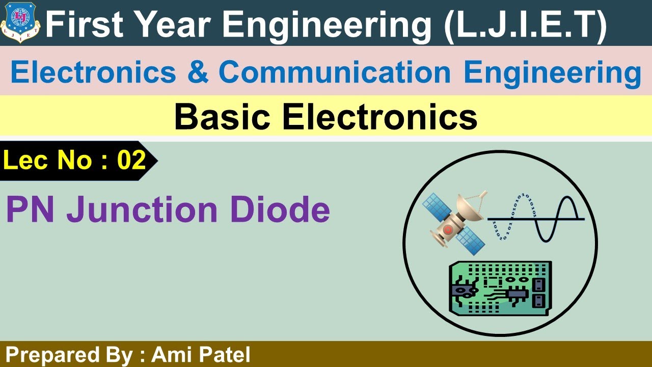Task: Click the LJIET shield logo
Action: click(x=21, y=21)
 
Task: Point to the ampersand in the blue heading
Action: click(x=198, y=73)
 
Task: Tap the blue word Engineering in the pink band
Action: click(x=552, y=73)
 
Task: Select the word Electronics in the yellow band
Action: click(x=379, y=118)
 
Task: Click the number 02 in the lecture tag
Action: click(x=131, y=161)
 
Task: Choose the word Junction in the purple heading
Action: click(x=145, y=209)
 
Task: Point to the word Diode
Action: click(x=280, y=209)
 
